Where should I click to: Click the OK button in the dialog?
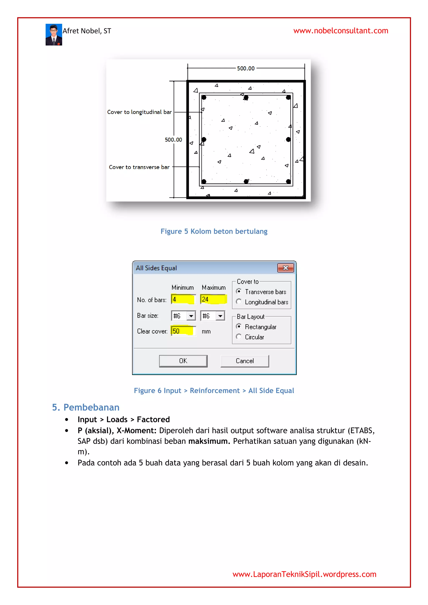183,361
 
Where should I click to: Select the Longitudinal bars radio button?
239,301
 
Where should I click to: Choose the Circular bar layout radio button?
239,337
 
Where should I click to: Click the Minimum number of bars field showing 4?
183,299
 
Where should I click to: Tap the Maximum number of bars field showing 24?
213,299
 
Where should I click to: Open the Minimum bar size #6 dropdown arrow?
191,316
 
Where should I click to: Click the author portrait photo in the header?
54,34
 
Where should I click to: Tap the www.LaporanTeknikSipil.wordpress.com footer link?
304,574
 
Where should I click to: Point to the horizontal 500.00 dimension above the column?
246,68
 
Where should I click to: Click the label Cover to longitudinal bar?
139,112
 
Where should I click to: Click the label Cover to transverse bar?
139,167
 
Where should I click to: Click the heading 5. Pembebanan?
86,407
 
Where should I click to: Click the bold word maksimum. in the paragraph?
209,441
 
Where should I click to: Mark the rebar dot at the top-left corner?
204,97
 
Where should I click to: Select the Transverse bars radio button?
239,291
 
